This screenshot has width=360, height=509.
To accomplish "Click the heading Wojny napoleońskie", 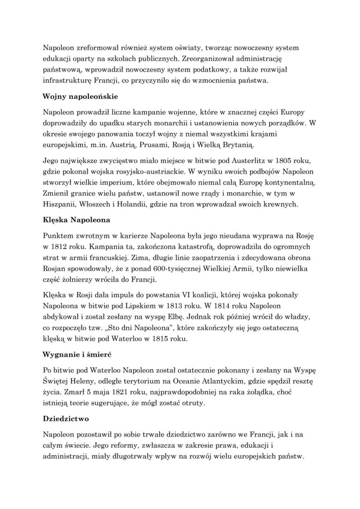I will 80,96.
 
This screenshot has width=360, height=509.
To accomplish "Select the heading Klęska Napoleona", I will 77,220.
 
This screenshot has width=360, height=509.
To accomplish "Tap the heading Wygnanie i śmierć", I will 77,355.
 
